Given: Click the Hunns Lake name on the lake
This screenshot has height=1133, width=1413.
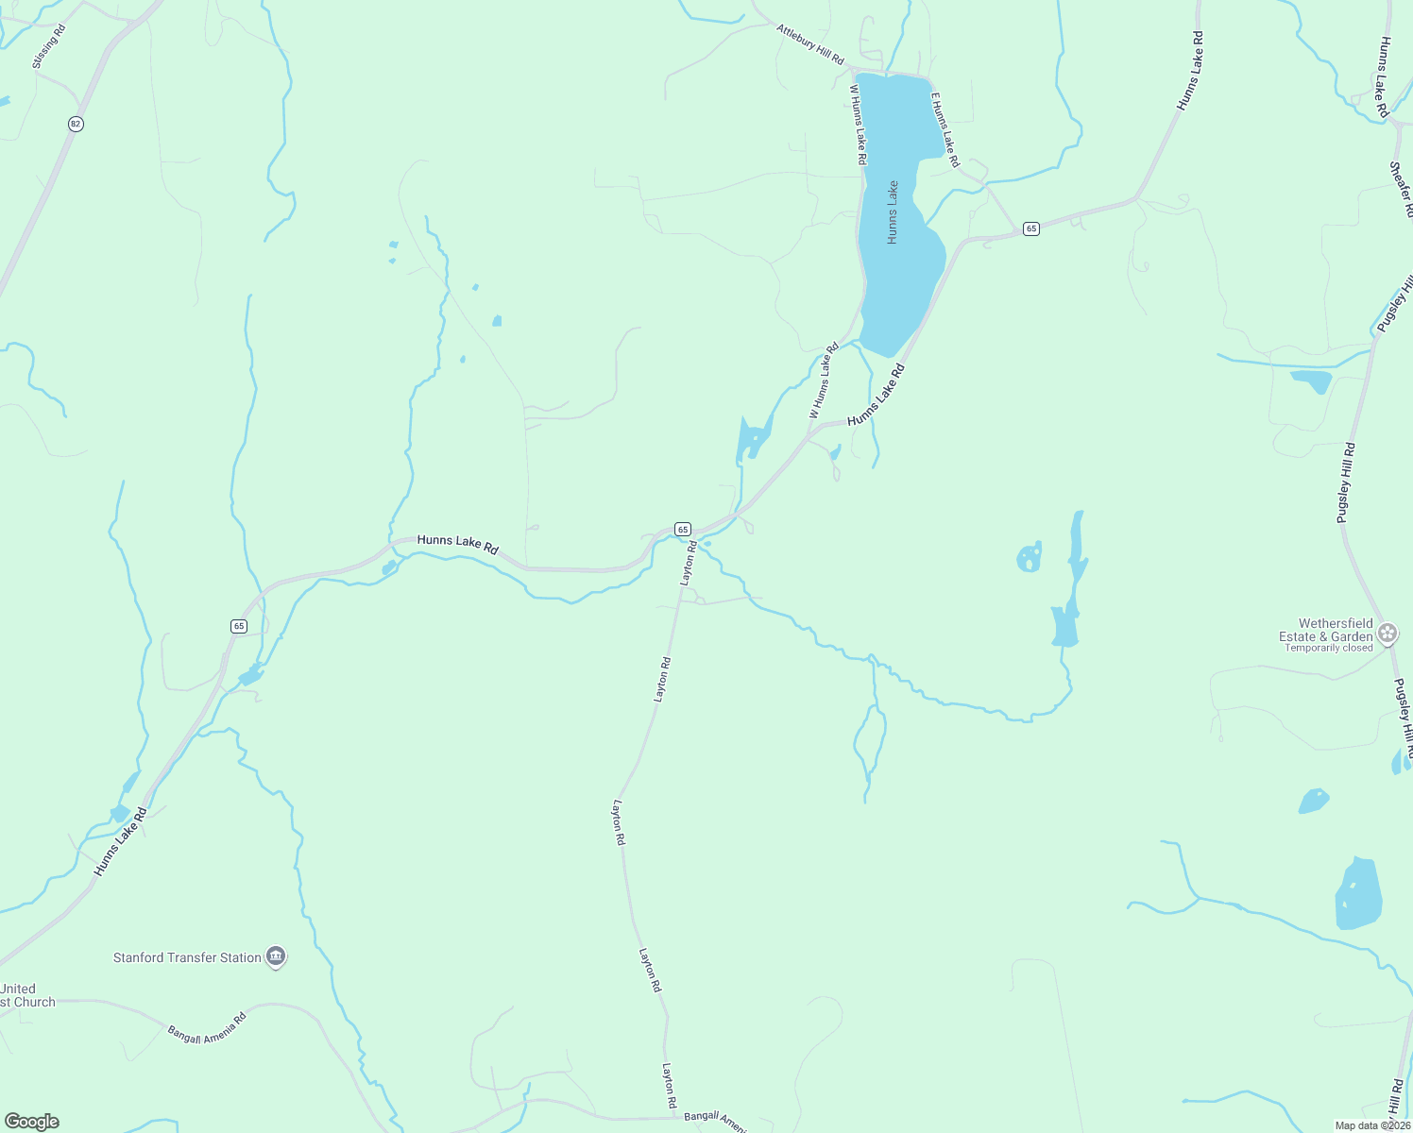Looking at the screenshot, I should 893,213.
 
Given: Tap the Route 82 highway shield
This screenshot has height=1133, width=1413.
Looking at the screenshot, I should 76,124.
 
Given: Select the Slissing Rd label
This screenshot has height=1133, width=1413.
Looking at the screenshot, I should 49,46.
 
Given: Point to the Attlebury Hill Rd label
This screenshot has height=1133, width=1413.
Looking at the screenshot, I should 809,44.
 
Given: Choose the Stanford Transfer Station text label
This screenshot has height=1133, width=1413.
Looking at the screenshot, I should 187,957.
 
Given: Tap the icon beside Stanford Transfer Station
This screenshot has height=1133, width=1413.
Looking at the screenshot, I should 276,957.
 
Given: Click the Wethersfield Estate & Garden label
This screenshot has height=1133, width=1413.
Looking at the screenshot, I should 1327,630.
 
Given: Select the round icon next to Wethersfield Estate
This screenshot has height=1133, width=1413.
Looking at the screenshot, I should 1387,633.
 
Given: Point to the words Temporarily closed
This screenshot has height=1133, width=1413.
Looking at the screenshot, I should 1329,648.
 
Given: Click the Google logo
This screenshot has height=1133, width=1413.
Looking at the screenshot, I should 32,1122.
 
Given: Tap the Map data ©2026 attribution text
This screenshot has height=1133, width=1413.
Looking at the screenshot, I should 1371,1125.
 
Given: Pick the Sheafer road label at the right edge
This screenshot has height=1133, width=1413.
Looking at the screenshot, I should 1401,189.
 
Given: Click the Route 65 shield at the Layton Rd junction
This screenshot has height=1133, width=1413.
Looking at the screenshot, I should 683,530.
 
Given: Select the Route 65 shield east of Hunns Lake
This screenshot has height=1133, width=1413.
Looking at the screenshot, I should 1030,228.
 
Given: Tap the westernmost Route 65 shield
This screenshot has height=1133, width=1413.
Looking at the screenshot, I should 238,626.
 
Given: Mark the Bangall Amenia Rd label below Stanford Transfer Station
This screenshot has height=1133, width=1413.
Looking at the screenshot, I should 207,1027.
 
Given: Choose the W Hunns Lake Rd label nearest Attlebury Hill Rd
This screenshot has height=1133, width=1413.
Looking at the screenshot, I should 857,125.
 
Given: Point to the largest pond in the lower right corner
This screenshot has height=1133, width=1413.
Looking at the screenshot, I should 1358,893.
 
